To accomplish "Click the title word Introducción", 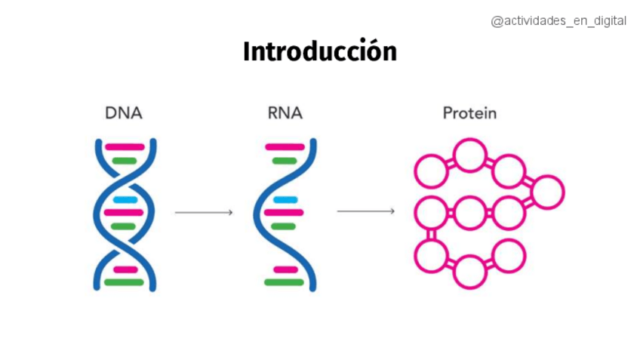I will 319,51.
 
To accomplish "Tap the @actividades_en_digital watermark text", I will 558,21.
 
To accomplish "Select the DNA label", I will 124,114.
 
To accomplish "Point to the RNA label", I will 285,114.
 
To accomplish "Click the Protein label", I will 469,114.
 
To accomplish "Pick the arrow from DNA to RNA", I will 204,213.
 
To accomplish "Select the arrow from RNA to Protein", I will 365,211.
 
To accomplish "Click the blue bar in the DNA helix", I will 125,200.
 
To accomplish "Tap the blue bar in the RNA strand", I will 285,200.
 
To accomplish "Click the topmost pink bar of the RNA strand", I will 285,147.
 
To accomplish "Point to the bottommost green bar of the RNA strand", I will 285,282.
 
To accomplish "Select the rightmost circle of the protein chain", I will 547,191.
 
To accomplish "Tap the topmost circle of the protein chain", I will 469,155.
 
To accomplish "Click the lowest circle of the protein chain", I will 469,272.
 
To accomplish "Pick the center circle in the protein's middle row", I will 469,213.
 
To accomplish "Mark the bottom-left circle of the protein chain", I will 431,255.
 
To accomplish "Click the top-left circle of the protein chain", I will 431,171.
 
